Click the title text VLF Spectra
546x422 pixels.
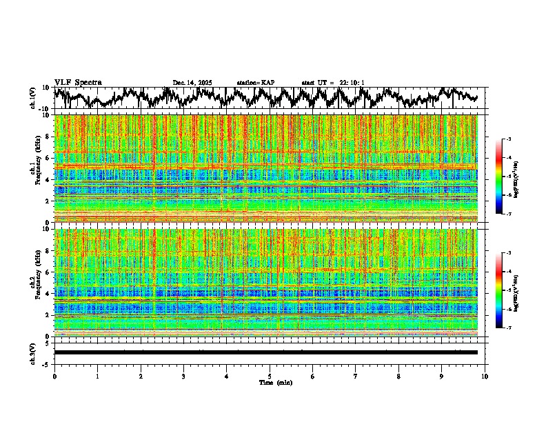click(78, 82)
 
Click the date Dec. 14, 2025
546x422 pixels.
click(192, 83)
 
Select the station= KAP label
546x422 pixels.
click(255, 83)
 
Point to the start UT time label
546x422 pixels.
click(333, 83)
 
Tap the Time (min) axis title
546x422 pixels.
click(275, 382)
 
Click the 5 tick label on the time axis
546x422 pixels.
click(270, 376)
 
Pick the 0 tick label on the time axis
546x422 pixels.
click(54, 376)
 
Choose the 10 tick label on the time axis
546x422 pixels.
click(485, 376)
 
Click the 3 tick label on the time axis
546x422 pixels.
click(183, 376)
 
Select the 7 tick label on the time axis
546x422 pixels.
click(356, 376)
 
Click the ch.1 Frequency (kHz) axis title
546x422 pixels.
click(34, 169)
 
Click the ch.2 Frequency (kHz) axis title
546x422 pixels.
click(34, 282)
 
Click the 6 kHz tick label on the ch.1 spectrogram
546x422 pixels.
click(48, 158)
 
